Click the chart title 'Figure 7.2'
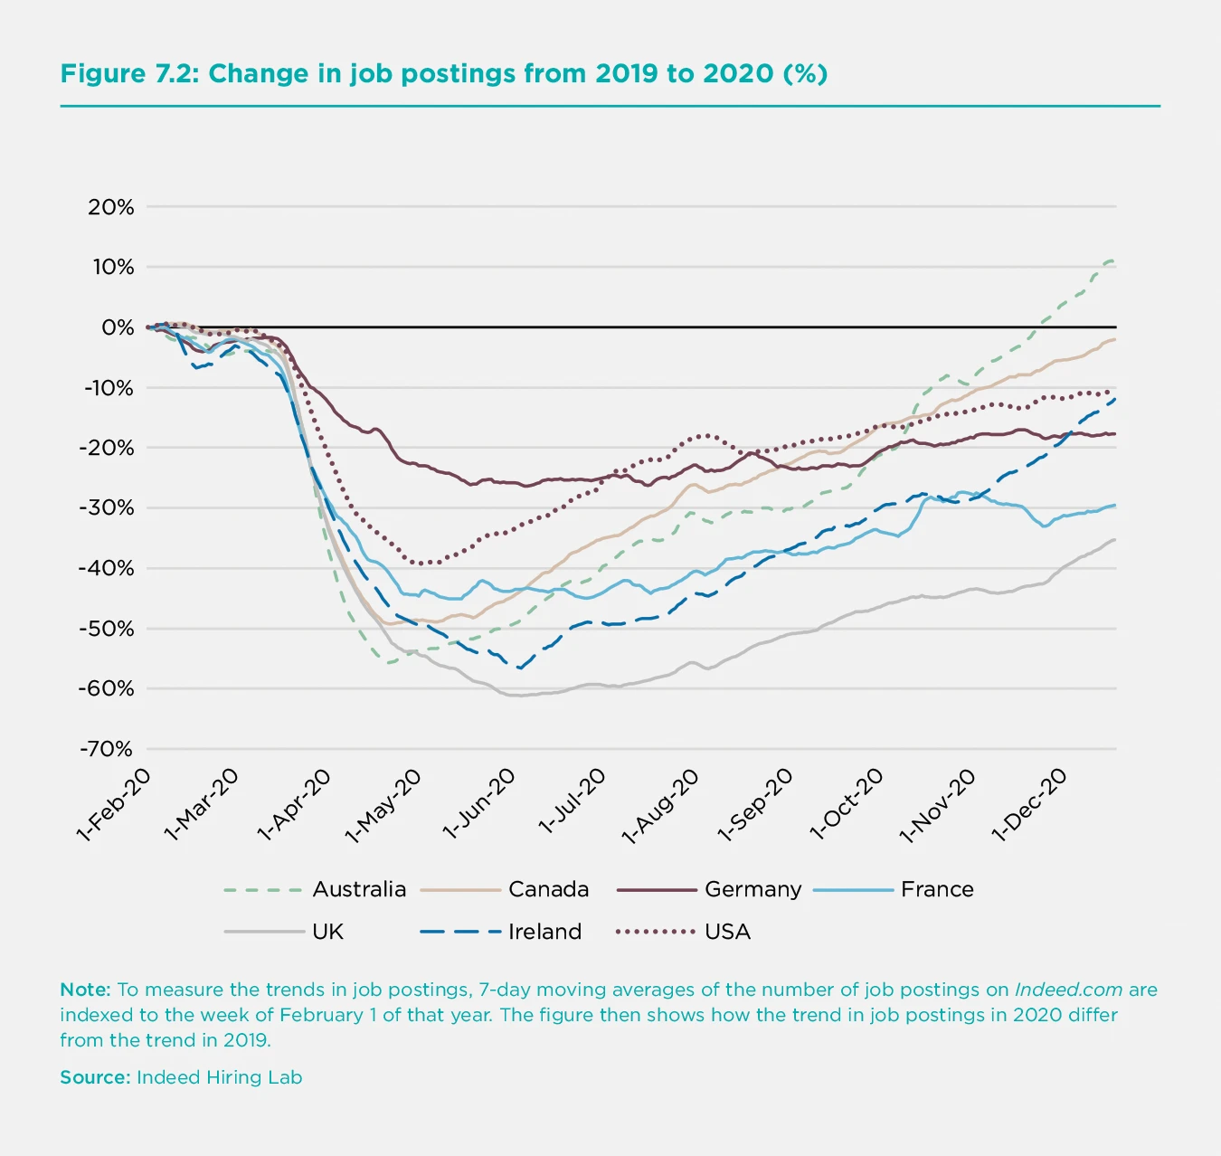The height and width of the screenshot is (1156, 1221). pyautogui.click(x=443, y=73)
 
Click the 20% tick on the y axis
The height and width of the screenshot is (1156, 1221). pyautogui.click(x=111, y=207)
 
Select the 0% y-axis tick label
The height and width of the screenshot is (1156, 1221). pyautogui.click(x=118, y=327)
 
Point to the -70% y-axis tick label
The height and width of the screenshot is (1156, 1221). pyautogui.click(x=107, y=749)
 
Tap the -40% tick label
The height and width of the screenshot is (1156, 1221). pyautogui.click(x=107, y=568)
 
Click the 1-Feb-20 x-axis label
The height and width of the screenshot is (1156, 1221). pyautogui.click(x=114, y=805)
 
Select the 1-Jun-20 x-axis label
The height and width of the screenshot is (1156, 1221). pyautogui.click(x=479, y=805)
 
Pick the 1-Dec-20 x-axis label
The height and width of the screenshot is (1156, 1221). pyautogui.click(x=1029, y=805)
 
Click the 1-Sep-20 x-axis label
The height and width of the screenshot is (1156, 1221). pyautogui.click(x=755, y=805)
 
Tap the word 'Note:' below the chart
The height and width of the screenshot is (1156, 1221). pyautogui.click(x=85, y=990)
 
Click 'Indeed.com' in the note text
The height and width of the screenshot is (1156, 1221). pyautogui.click(x=1068, y=990)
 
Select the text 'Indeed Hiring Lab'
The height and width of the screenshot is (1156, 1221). pyautogui.click(x=219, y=1077)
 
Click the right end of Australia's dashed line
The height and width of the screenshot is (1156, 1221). pyautogui.click(x=1113, y=261)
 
